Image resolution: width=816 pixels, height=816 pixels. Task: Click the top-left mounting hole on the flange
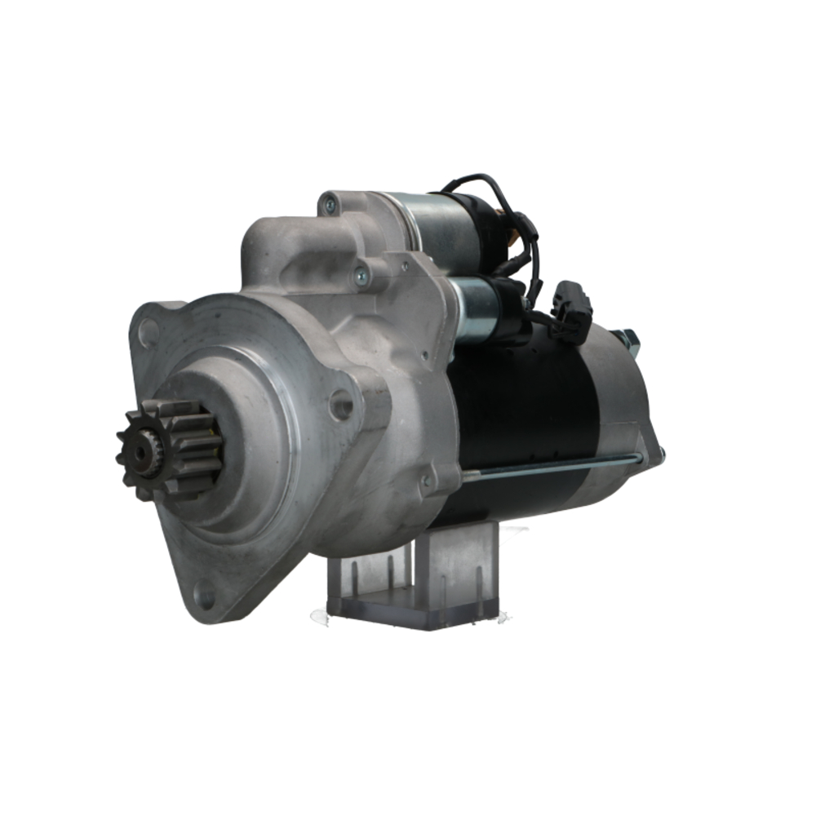click(x=148, y=332)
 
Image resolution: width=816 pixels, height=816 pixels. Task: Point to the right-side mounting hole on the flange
click(x=341, y=404)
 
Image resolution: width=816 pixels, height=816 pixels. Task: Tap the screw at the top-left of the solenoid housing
click(x=330, y=205)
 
